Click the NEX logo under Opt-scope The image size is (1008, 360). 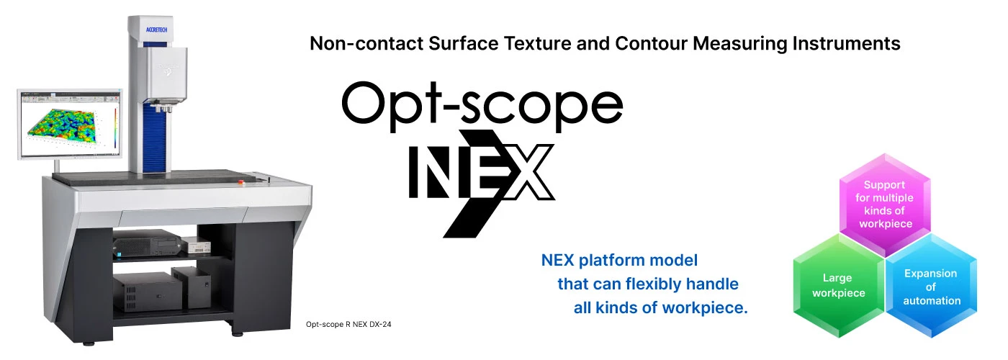pyautogui.click(x=481, y=173)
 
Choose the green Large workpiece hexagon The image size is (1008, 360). pyautogui.click(x=838, y=285)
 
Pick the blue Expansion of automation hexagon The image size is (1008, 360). pyautogui.click(x=930, y=287)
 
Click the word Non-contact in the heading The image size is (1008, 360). pyautogui.click(x=365, y=44)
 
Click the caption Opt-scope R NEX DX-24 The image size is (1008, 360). pyautogui.click(x=348, y=325)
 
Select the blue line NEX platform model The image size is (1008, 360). pyautogui.click(x=619, y=260)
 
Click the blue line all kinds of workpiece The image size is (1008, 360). pyautogui.click(x=660, y=308)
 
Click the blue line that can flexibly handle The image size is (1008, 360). pyautogui.click(x=647, y=284)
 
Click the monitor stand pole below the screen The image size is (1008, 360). pyautogui.click(x=58, y=167)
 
